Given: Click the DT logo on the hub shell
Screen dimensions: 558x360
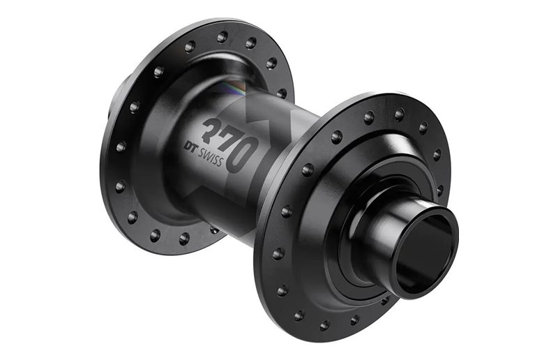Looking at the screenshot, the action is (x=190, y=147).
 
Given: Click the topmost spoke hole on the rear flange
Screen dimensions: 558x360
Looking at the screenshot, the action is (x=223, y=36).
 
